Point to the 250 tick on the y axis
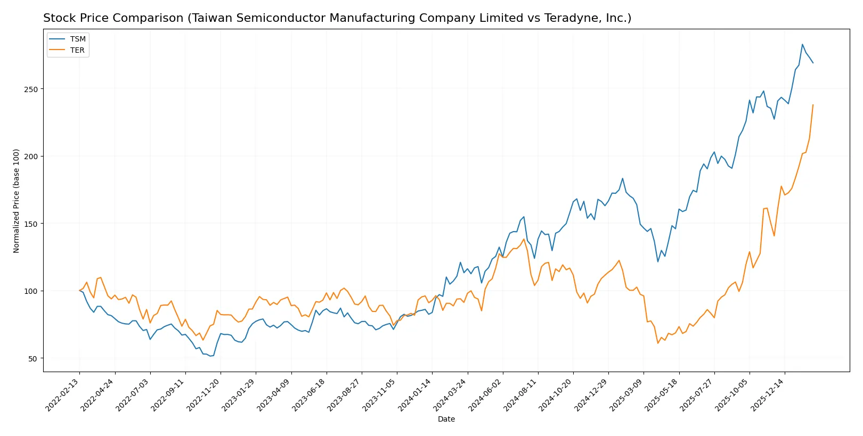[31, 89]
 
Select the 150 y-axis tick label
[31, 224]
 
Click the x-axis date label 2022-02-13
[63, 395]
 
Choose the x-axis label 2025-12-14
[768, 395]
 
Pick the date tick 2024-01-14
[416, 395]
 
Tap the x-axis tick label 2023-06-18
[310, 395]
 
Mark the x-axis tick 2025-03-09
[627, 395]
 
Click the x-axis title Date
[446, 419]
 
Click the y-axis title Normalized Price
[17, 201]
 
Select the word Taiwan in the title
[210, 18]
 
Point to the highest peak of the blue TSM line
[803, 45]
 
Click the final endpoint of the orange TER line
[813, 105]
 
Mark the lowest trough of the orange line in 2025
[658, 343]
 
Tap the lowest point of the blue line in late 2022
[210, 356]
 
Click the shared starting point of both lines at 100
[79, 291]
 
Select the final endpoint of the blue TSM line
[813, 63]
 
